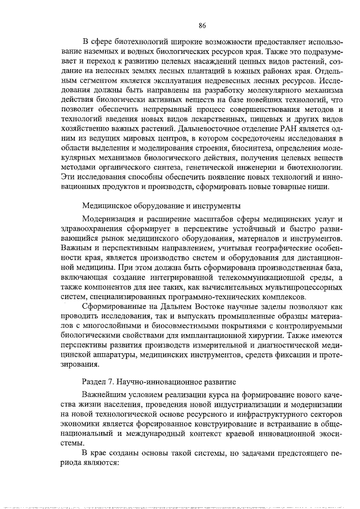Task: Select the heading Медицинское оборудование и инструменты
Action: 162,205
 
